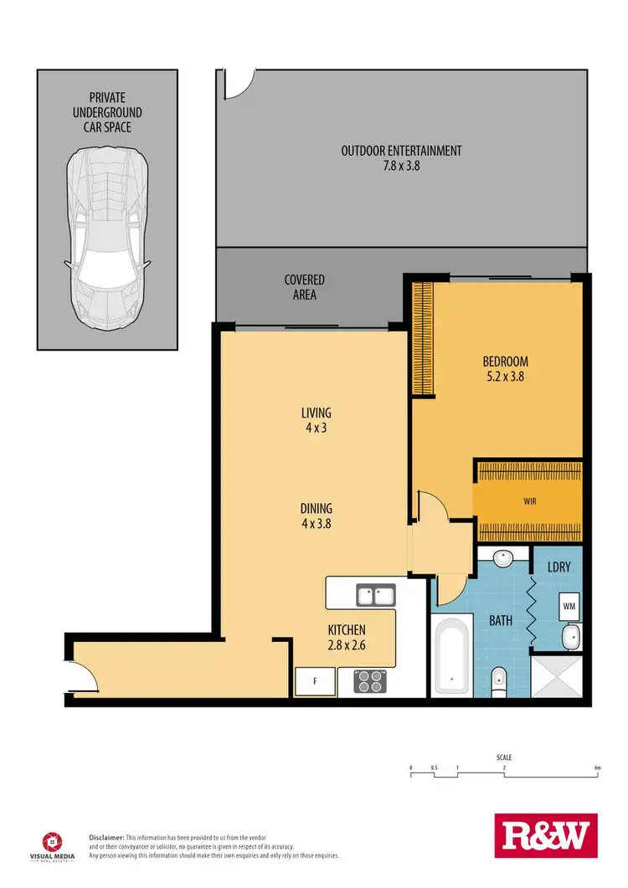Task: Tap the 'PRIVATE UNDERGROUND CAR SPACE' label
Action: pos(106,112)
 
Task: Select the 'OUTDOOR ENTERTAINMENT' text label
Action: pos(401,151)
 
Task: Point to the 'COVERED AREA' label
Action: pos(304,287)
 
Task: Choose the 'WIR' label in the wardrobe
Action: pos(528,501)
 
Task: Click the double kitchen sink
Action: pos(375,596)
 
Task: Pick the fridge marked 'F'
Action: pos(316,681)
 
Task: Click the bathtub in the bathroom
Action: pos(453,656)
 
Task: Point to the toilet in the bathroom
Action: pos(498,680)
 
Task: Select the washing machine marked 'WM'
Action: pos(568,605)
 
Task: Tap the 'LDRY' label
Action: pos(559,567)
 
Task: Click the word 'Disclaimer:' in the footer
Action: pos(107,837)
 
